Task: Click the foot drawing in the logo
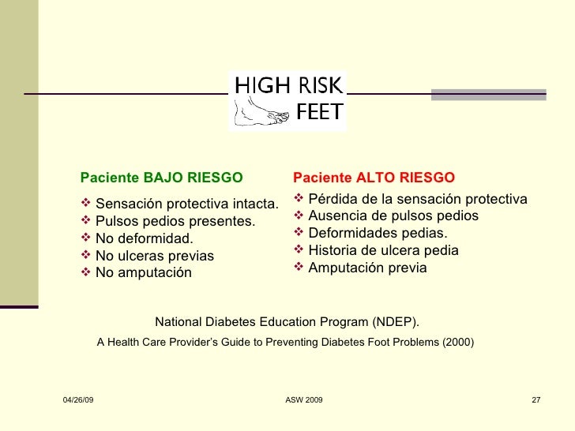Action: [260, 111]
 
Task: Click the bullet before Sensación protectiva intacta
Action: [86, 204]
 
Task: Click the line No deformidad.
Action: [143, 238]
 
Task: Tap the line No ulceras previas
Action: [154, 256]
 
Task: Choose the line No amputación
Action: [143, 273]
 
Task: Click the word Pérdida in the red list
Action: [333, 198]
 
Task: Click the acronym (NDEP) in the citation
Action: [394, 322]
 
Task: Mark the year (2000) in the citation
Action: [458, 343]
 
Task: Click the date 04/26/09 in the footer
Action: [77, 402]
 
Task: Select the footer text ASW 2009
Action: [303, 402]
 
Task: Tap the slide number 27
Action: [536, 402]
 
